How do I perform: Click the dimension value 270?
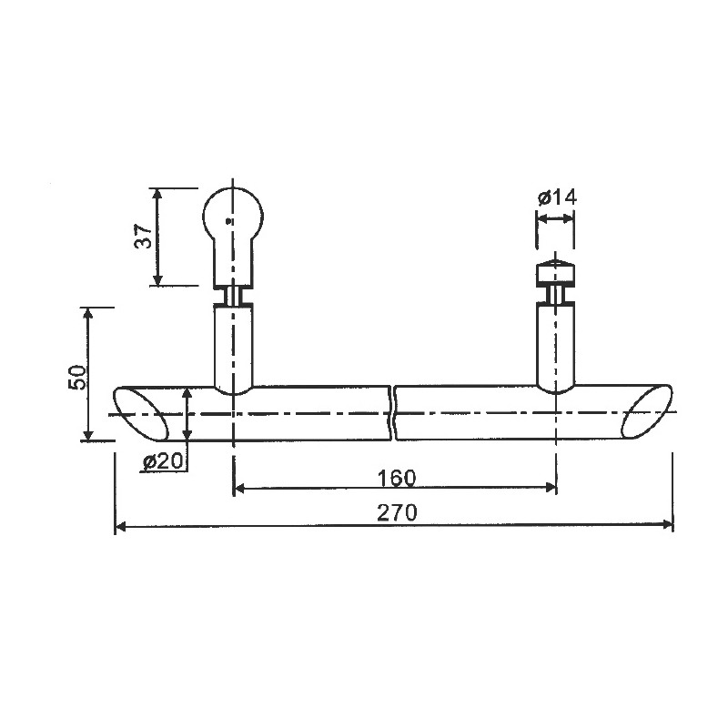(397, 512)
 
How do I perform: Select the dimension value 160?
(397, 478)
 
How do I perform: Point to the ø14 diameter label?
(557, 197)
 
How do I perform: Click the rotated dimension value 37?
(144, 237)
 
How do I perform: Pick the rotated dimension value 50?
(77, 378)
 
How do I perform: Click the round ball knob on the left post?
(233, 216)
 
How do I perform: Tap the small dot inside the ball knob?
(227, 221)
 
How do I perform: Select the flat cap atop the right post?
(556, 272)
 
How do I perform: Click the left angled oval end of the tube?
(141, 414)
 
